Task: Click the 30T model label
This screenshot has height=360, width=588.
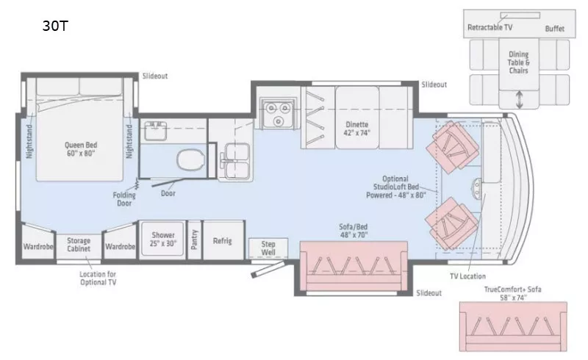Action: [55, 27]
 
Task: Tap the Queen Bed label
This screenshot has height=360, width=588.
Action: [80, 150]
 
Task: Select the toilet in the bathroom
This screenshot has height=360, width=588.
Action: [188, 158]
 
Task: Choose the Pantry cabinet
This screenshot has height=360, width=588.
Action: [194, 240]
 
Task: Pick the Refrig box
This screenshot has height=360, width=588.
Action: [222, 240]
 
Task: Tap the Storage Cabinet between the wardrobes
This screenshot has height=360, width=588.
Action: [79, 245]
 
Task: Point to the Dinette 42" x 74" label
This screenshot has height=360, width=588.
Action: [357, 129]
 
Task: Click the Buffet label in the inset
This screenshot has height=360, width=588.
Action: [555, 29]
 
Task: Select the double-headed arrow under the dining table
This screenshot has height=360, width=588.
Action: [520, 97]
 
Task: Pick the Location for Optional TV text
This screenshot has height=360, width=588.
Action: [98, 278]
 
